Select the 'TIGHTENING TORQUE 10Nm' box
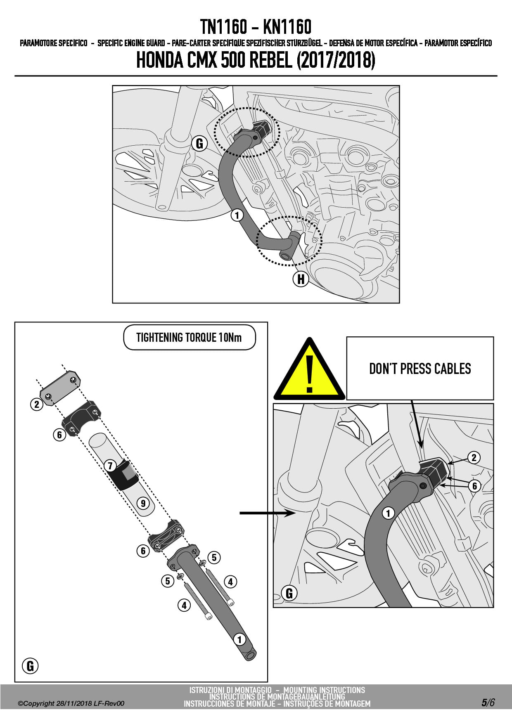tap(190, 338)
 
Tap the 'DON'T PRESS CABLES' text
tap(420, 369)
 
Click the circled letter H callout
tap(301, 279)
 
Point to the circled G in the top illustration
tap(199, 143)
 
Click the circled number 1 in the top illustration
tap(237, 215)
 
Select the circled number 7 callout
tap(110, 466)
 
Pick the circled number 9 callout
tap(143, 503)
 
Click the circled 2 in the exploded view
tap(37, 404)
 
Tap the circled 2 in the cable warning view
tap(474, 457)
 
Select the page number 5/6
tap(488, 703)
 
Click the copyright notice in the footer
tap(71, 703)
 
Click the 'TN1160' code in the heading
tap(223, 27)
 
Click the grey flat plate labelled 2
tap(60, 388)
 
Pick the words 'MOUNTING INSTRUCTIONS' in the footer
tap(324, 690)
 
